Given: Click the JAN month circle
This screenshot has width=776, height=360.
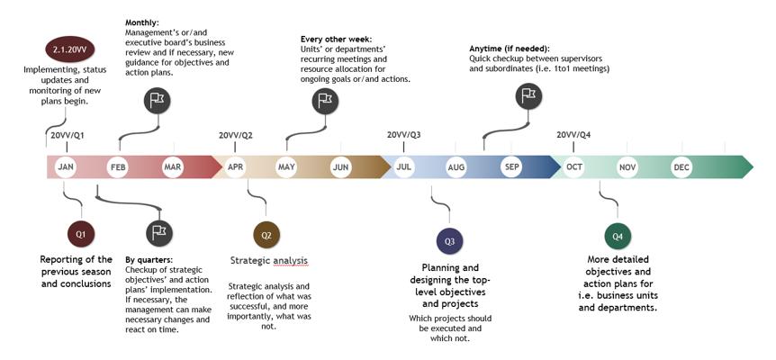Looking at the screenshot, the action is [x=66, y=167].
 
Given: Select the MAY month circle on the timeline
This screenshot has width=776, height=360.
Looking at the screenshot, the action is [x=286, y=167].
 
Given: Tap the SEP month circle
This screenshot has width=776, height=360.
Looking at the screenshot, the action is [x=511, y=167].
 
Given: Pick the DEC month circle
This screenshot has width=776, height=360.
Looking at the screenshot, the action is [x=681, y=167].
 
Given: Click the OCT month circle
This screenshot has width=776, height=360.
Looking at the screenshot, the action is [x=574, y=167].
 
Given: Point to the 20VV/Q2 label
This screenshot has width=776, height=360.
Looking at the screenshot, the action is [x=236, y=136].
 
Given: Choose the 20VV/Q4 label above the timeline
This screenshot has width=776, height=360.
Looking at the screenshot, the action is [x=573, y=135].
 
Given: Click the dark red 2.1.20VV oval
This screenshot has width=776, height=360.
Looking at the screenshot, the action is [x=70, y=49].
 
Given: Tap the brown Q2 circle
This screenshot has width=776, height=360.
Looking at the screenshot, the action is [x=266, y=235].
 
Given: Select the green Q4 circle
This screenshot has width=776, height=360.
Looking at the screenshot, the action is [x=618, y=237].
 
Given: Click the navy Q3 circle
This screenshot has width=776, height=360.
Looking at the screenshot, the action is [x=449, y=241].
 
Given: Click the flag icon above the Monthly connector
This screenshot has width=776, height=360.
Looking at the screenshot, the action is [x=157, y=101].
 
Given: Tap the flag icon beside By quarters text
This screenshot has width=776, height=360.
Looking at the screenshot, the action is [x=160, y=232].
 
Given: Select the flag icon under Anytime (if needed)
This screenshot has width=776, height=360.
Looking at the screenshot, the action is [x=528, y=95].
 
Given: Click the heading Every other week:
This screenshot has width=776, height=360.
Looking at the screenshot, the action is [x=336, y=39].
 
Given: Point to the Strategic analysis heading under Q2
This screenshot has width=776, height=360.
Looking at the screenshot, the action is [x=269, y=260].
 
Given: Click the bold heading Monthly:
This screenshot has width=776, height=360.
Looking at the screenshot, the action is [x=141, y=22].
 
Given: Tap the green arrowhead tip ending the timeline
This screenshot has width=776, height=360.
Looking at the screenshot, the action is [x=753, y=167].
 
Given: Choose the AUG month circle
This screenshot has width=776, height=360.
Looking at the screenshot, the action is [x=456, y=167].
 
